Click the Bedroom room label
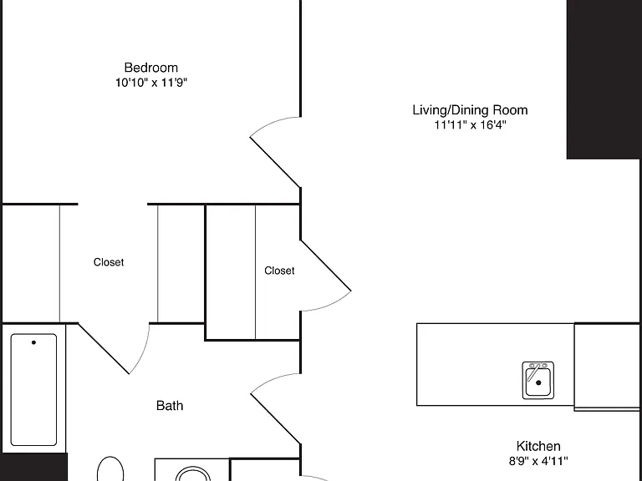click(151, 68)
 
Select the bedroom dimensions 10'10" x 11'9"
click(151, 83)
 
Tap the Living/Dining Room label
click(470, 110)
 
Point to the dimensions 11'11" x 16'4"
click(470, 124)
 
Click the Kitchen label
click(538, 446)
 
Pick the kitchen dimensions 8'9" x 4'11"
click(538, 461)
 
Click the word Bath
click(170, 406)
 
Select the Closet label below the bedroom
click(109, 262)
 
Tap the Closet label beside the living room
click(279, 271)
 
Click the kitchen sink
click(538, 381)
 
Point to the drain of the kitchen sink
click(538, 382)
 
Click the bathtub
click(33, 389)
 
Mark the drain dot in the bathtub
click(33, 342)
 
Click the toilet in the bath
click(110, 469)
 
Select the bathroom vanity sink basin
click(193, 474)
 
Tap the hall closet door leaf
click(326, 266)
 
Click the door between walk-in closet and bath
click(104, 348)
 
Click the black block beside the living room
click(604, 79)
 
